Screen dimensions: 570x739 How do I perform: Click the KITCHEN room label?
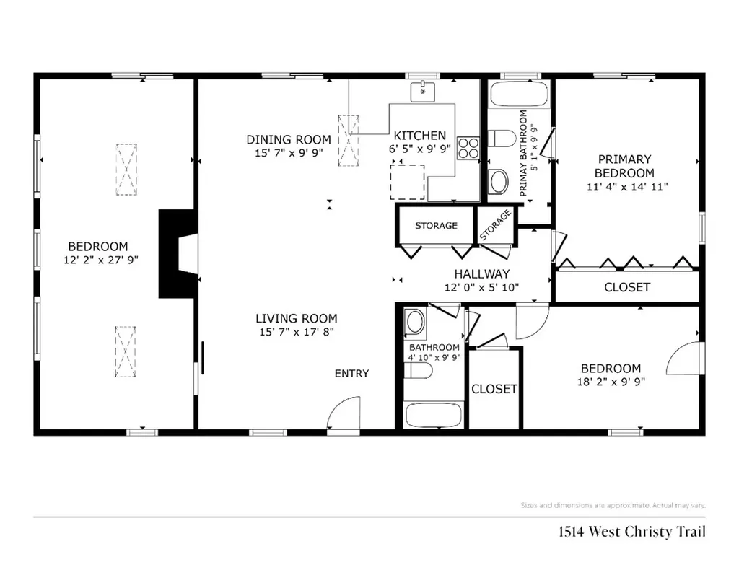pos(419,136)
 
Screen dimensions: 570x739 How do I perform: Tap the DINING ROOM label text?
pos(289,139)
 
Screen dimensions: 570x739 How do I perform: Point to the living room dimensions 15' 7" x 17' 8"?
pos(296,332)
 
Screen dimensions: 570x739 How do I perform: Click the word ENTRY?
pos(351,373)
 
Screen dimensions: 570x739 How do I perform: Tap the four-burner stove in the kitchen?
pos(468,147)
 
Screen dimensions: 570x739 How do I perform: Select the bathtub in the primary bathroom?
pos(518,95)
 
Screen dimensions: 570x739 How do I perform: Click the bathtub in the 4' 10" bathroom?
pos(432,416)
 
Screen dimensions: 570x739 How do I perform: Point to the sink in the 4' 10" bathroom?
pos(415,322)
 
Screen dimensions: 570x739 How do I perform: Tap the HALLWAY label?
pos(481,274)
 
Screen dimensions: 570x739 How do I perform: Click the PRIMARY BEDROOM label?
pos(624,166)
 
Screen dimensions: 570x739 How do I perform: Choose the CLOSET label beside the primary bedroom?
pos(626,287)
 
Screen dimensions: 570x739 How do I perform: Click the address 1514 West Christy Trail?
pos(631,532)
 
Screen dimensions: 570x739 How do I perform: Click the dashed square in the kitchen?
pos(407,181)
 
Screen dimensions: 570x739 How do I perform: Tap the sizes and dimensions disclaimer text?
pos(612,505)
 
